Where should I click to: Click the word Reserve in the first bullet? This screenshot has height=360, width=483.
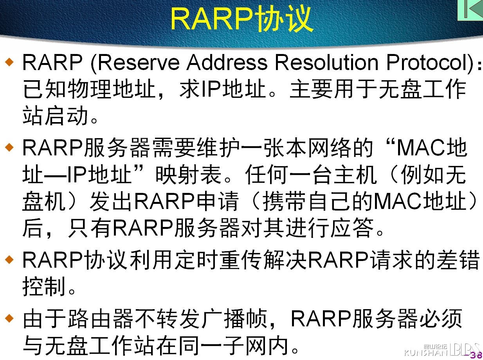click(x=139, y=63)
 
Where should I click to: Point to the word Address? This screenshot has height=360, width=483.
click(x=227, y=63)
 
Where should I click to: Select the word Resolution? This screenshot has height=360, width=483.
click(x=327, y=63)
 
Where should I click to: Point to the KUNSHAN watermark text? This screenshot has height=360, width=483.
click(x=426, y=353)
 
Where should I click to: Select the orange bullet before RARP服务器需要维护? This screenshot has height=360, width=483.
click(x=9, y=147)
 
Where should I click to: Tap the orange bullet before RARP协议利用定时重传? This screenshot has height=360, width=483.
click(x=9, y=259)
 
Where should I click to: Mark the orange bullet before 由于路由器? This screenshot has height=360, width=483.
click(x=9, y=318)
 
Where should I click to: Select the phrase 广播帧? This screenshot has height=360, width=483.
click(x=246, y=319)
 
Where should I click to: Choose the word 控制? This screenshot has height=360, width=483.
click(x=44, y=286)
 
